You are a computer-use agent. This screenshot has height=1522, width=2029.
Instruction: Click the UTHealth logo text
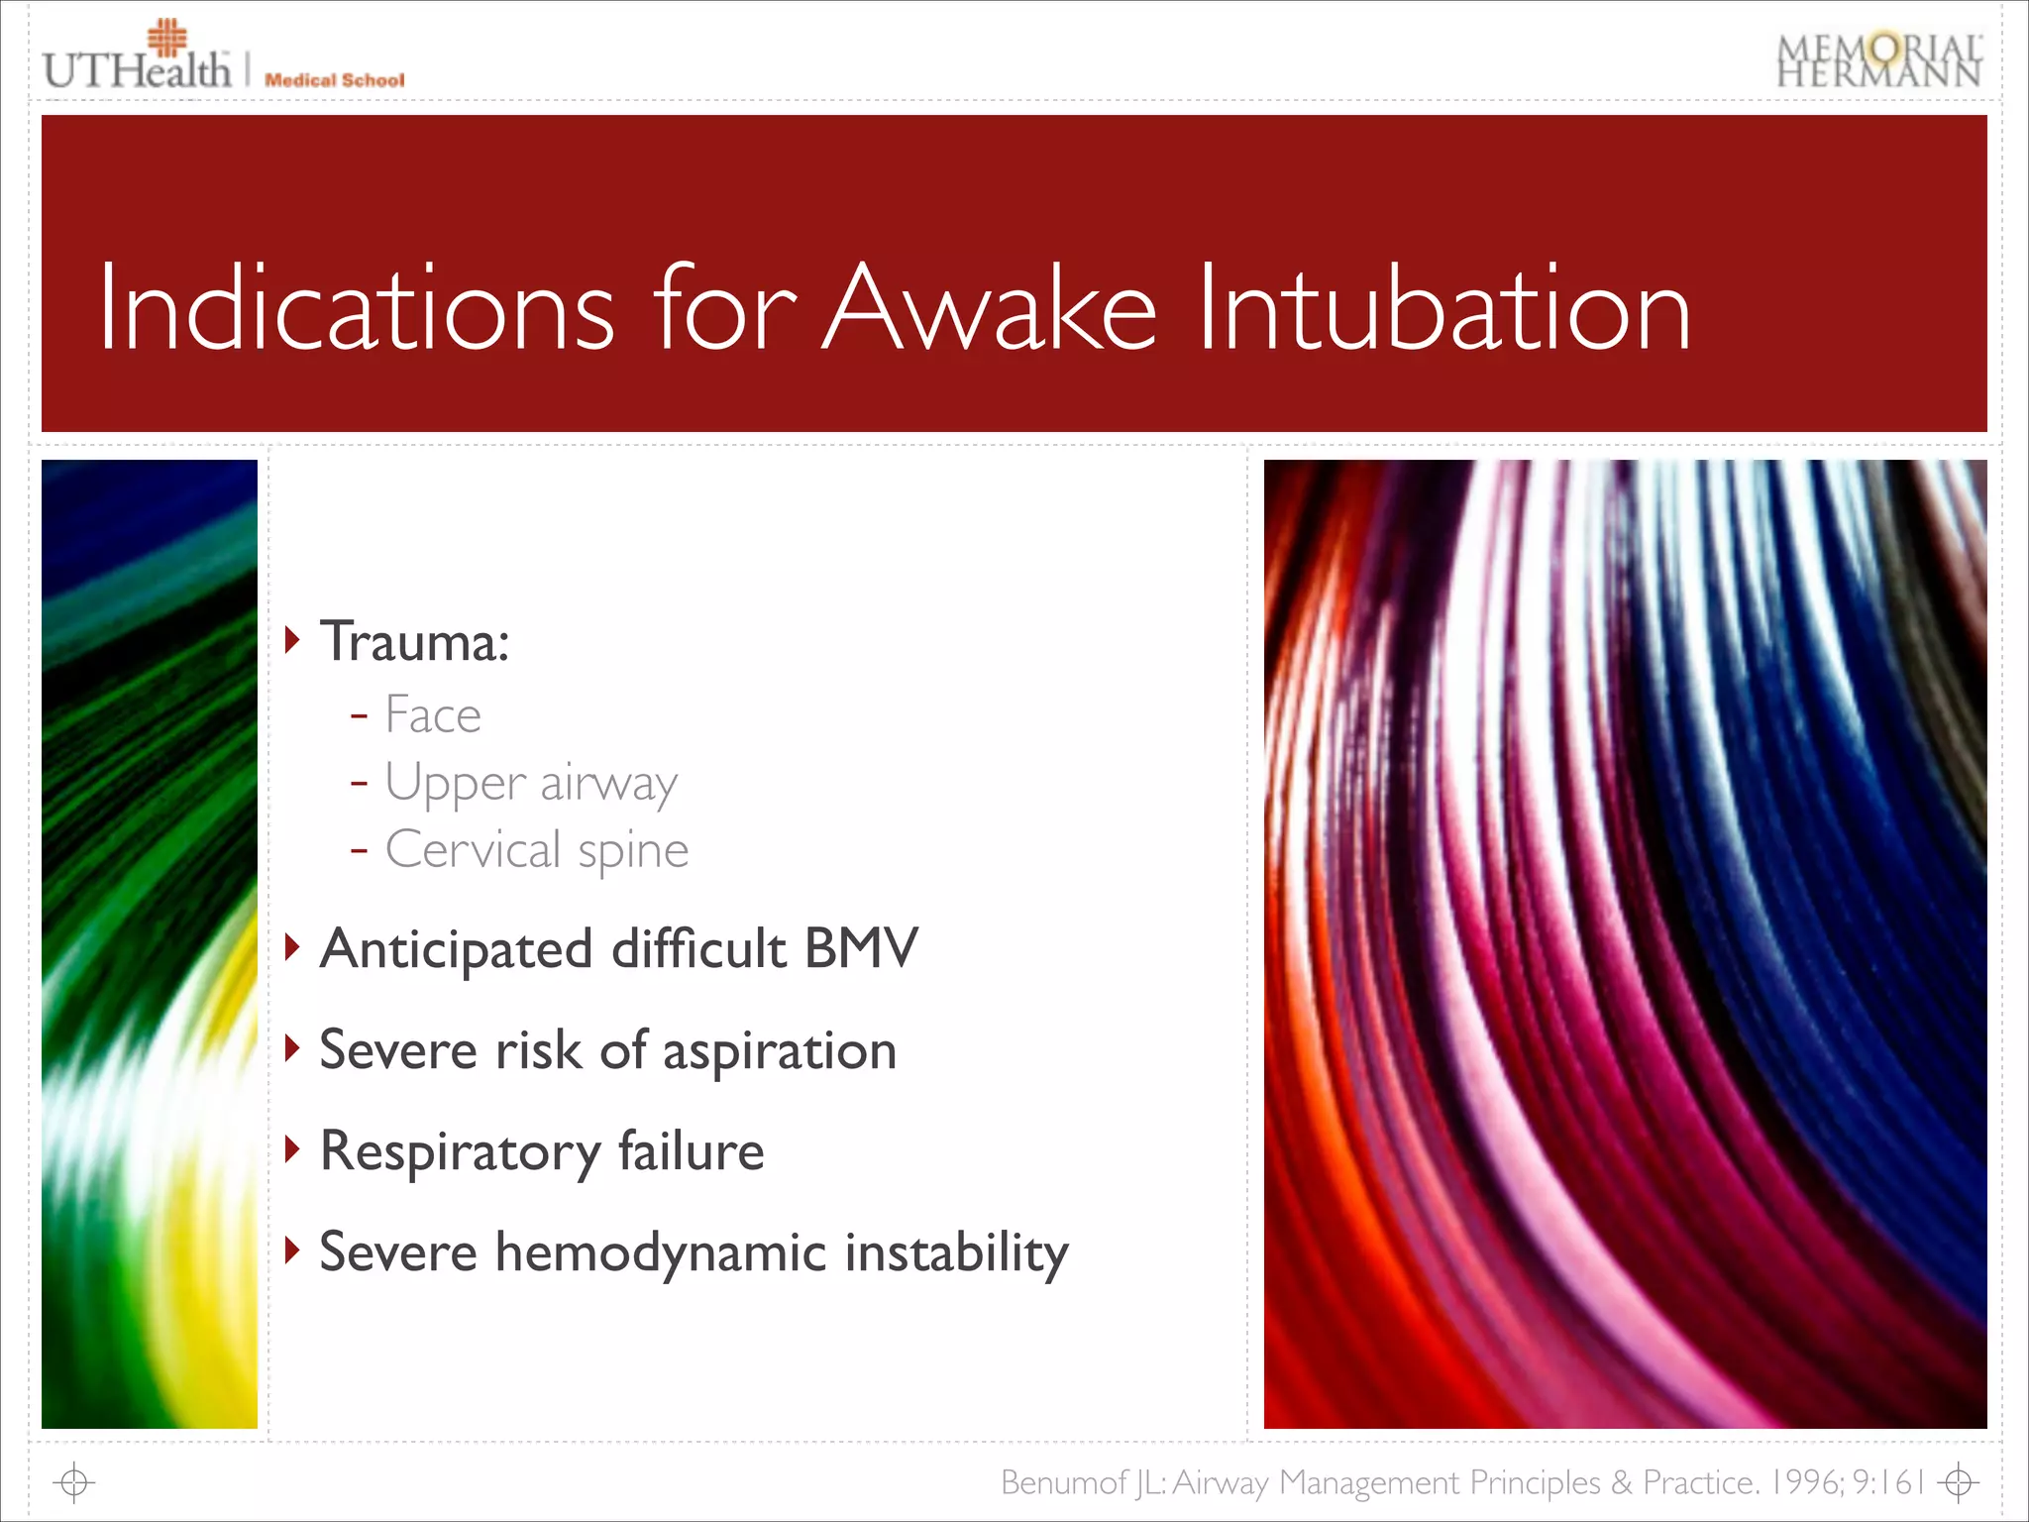click(137, 69)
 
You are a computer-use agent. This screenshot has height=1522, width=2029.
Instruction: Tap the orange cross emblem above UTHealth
click(166, 38)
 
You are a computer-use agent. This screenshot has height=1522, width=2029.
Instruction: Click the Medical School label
click(334, 80)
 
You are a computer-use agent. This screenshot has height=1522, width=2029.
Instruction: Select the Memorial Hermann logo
click(1878, 61)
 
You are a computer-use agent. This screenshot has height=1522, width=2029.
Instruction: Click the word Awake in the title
click(990, 308)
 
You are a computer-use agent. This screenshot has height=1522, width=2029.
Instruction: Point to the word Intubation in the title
click(1443, 308)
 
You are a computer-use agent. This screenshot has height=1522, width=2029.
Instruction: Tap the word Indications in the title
click(357, 308)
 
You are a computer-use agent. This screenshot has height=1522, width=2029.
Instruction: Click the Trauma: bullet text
click(414, 642)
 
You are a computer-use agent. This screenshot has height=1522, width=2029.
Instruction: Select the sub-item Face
click(433, 715)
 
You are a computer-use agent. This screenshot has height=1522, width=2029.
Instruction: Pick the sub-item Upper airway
click(531, 784)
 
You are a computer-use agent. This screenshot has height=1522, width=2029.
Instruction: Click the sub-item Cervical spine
click(536, 850)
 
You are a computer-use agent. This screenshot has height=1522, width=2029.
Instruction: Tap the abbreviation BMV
click(861, 948)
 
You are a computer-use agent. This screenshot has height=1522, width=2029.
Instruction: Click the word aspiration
click(780, 1051)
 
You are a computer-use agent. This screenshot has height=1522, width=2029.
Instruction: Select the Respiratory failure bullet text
click(542, 1152)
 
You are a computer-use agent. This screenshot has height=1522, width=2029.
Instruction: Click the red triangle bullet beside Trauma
click(292, 640)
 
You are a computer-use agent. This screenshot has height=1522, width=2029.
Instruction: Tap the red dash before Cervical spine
click(359, 849)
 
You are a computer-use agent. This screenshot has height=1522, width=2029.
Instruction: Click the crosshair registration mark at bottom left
click(74, 1483)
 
